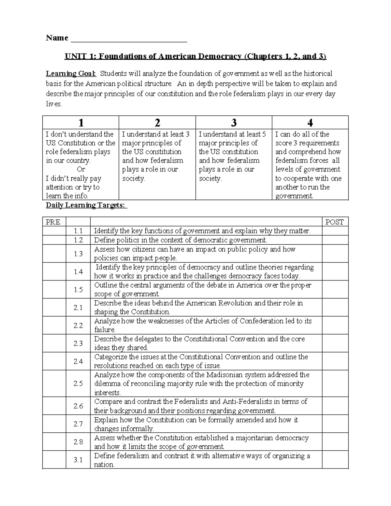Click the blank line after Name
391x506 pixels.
pos(129,39)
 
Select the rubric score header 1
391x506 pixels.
pos(81,123)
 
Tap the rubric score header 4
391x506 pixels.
pos(310,123)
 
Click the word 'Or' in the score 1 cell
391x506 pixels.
pos(80,169)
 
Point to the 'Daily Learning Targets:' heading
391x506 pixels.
pos(86,205)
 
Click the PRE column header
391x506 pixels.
pos(53,222)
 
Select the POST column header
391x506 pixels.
pos(335,222)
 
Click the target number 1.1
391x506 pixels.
pos(78,231)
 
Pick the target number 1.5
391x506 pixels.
pos(78,290)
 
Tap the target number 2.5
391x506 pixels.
pos(78,383)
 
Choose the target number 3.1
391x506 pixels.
pos(78,460)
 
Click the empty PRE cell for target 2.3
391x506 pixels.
pos(54,343)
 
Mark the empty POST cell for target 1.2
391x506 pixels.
pos(335,240)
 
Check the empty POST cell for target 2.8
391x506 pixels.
pos(335,442)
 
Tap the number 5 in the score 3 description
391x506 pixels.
pos(264,134)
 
